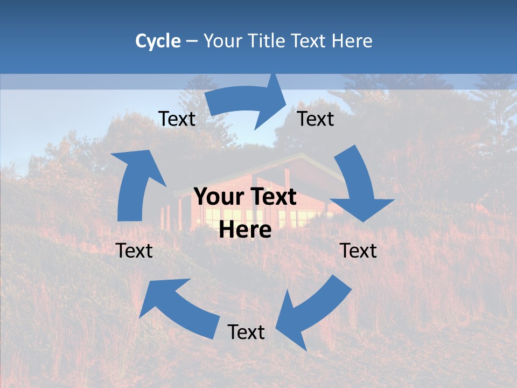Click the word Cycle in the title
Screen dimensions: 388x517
[x=158, y=41]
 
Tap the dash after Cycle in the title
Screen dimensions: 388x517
[x=192, y=41]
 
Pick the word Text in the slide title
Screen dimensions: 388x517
[x=309, y=41]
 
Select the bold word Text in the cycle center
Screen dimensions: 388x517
[x=271, y=197]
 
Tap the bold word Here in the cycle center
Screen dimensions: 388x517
[x=245, y=230]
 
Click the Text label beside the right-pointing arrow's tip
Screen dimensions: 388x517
[x=316, y=119]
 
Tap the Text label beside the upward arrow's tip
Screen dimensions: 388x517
[x=177, y=119]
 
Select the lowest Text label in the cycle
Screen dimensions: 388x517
[x=246, y=332]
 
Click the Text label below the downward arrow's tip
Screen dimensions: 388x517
[x=358, y=251]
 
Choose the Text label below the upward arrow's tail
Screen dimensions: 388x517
[x=134, y=251]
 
